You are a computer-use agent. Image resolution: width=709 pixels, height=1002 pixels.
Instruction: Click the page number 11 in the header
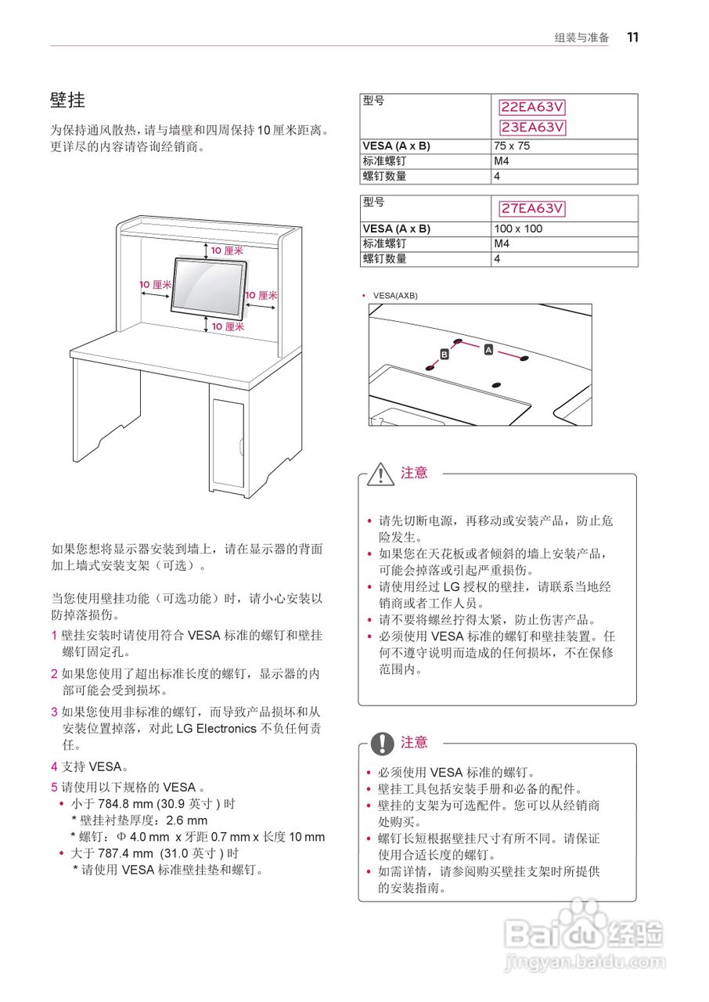pyautogui.click(x=633, y=37)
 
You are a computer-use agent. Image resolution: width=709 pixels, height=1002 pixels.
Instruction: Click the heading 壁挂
pyautogui.click(x=68, y=100)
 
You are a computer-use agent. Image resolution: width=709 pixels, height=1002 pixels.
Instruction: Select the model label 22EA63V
pyautogui.click(x=532, y=107)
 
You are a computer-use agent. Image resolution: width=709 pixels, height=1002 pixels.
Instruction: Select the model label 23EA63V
pyautogui.click(x=532, y=127)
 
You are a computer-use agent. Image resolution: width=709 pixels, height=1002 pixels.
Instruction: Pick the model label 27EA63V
pyautogui.click(x=532, y=208)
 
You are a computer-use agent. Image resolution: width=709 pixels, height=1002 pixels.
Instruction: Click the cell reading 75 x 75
pyautogui.click(x=512, y=146)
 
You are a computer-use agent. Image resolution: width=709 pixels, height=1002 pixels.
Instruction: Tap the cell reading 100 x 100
pyautogui.click(x=517, y=229)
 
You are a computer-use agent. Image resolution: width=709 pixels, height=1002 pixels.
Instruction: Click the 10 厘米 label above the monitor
pyautogui.click(x=227, y=250)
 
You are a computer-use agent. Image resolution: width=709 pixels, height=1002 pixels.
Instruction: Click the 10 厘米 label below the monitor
pyautogui.click(x=228, y=326)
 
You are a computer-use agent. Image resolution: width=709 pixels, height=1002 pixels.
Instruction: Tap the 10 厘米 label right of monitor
pyautogui.click(x=261, y=295)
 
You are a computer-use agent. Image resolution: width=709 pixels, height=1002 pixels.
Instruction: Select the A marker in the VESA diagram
pyautogui.click(x=488, y=349)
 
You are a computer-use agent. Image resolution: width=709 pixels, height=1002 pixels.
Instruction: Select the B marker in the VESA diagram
pyautogui.click(x=444, y=355)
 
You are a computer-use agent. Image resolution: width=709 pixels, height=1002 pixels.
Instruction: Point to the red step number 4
pyautogui.click(x=55, y=767)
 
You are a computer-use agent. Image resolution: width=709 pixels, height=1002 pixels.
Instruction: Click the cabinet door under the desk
pyautogui.click(x=228, y=443)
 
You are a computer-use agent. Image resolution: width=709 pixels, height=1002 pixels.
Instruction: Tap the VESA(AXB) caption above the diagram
pyautogui.click(x=395, y=296)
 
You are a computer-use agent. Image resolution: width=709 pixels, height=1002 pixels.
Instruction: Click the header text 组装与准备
pyautogui.click(x=581, y=38)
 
